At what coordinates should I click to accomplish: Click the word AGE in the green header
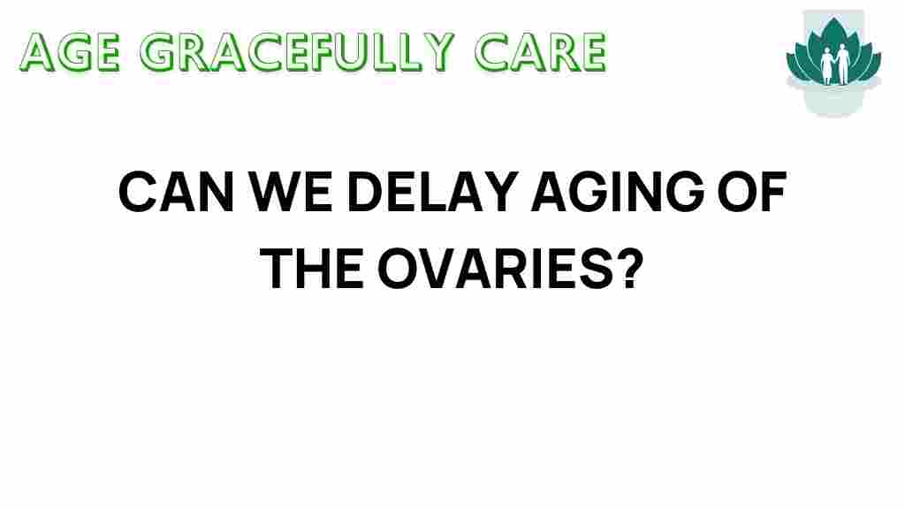[x=71, y=52]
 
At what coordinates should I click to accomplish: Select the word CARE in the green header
[x=540, y=52]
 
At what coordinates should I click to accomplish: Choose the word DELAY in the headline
[x=431, y=192]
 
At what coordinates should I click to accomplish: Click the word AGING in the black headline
[x=618, y=192]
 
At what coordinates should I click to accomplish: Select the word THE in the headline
[x=312, y=269]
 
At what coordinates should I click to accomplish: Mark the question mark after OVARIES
[x=628, y=269]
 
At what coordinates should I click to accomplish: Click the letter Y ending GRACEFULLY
[x=437, y=52]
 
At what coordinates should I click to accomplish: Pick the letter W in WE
[x=276, y=192]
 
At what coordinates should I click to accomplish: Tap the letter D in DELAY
[x=365, y=192]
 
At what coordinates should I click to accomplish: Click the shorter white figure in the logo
[x=827, y=65]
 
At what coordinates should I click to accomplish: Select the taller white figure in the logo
[x=843, y=64]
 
